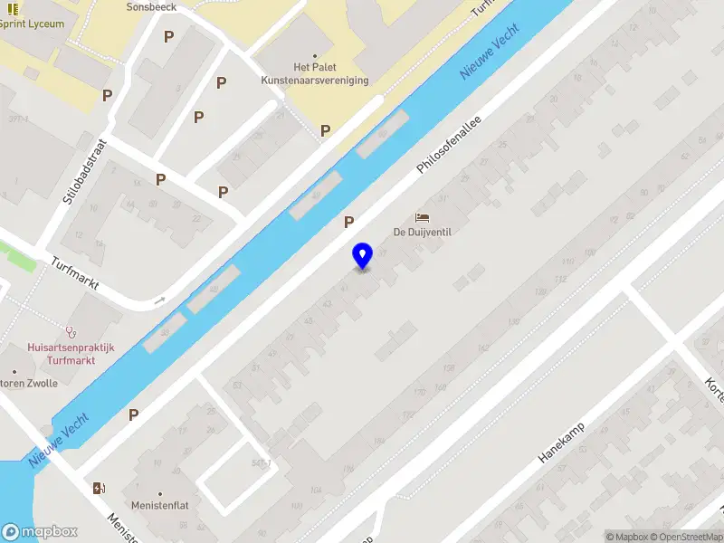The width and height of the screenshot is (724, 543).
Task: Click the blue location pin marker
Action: pyautogui.click(x=362, y=256)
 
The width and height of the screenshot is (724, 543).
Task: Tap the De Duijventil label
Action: pyautogui.click(x=422, y=232)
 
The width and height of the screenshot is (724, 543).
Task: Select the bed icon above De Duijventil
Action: pyautogui.click(x=422, y=217)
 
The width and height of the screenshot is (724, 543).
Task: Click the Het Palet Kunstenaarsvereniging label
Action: pyautogui.click(x=315, y=73)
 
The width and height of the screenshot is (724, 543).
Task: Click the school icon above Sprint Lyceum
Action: pyautogui.click(x=13, y=8)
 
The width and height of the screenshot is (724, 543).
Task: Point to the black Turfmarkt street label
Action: pyautogui.click(x=75, y=275)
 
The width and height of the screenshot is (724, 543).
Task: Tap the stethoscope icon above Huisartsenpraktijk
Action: pyautogui.click(x=70, y=332)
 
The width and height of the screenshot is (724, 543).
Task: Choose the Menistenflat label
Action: pyautogui.click(x=160, y=505)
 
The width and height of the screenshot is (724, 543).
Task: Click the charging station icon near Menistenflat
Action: pyautogui.click(x=98, y=489)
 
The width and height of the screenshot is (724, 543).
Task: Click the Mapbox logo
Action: pyautogui.click(x=40, y=532)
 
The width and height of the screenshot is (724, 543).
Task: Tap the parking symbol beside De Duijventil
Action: pyautogui.click(x=348, y=221)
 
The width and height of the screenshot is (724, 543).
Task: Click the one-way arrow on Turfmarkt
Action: pyautogui.click(x=161, y=300)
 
